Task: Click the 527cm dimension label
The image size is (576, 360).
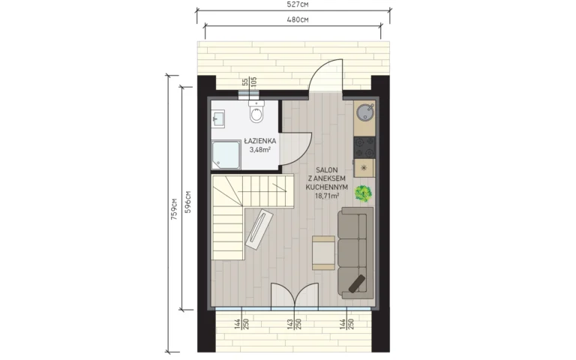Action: (x=298, y=4)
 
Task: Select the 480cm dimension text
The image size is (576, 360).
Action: (x=298, y=19)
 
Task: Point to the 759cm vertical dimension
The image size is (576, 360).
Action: (x=174, y=209)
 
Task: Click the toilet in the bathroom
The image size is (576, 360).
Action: (x=256, y=112)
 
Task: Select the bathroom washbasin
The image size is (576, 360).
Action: (x=217, y=118)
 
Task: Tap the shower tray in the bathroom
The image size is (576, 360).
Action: (x=226, y=155)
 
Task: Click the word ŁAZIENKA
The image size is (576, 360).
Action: (x=260, y=141)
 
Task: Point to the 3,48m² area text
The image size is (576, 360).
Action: (x=260, y=149)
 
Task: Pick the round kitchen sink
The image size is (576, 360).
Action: (x=364, y=112)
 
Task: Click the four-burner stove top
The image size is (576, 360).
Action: (x=364, y=147)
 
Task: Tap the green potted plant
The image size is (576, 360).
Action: (x=363, y=193)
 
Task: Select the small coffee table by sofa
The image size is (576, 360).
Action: (x=323, y=253)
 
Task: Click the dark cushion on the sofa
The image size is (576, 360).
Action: (x=357, y=284)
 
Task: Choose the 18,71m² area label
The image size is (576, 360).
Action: (x=327, y=196)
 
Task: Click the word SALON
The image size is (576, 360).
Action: (x=327, y=170)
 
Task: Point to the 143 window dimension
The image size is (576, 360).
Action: (x=289, y=324)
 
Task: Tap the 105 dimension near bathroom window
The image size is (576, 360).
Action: (x=253, y=82)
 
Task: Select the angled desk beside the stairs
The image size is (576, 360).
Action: (x=259, y=229)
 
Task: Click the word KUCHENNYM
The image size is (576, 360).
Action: (x=327, y=187)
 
